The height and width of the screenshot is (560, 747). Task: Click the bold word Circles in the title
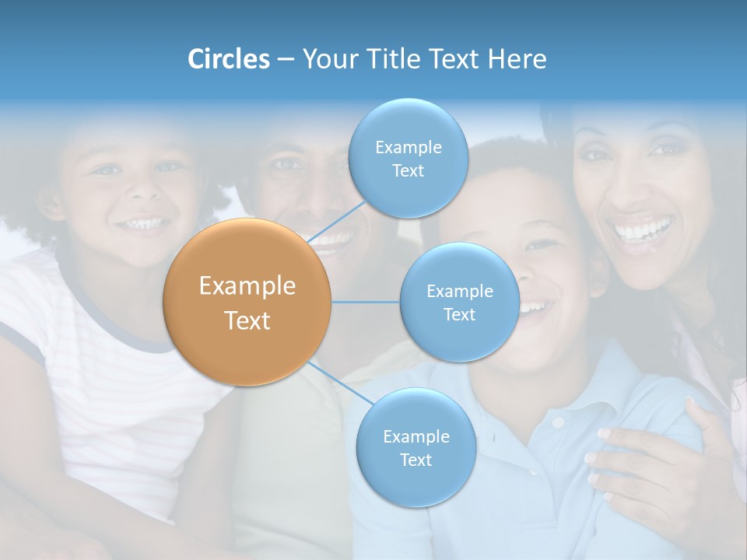[228, 59]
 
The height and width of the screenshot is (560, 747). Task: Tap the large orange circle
[247, 302]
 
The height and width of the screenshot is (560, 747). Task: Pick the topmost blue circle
[408, 158]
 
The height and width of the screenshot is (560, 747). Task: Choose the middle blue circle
[459, 302]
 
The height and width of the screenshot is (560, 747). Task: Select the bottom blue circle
[416, 447]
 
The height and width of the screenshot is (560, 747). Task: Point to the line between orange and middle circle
[365, 302]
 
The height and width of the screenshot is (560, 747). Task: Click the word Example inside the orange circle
[247, 286]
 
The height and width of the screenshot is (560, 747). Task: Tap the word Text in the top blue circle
[408, 170]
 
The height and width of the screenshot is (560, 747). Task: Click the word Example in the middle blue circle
[459, 291]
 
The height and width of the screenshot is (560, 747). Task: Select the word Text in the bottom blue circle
[416, 460]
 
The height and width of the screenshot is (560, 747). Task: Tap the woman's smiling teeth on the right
[643, 230]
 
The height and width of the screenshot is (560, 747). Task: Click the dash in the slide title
[285, 59]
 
